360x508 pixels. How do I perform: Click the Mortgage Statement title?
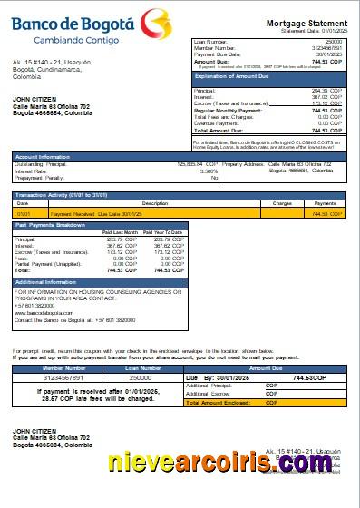306,23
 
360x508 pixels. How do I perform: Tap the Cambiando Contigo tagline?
76,41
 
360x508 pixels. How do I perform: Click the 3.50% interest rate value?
209,171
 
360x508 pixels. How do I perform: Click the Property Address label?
244,164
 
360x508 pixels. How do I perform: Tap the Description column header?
155,203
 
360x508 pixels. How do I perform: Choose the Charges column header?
282,203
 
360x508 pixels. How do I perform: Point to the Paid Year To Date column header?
164,232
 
